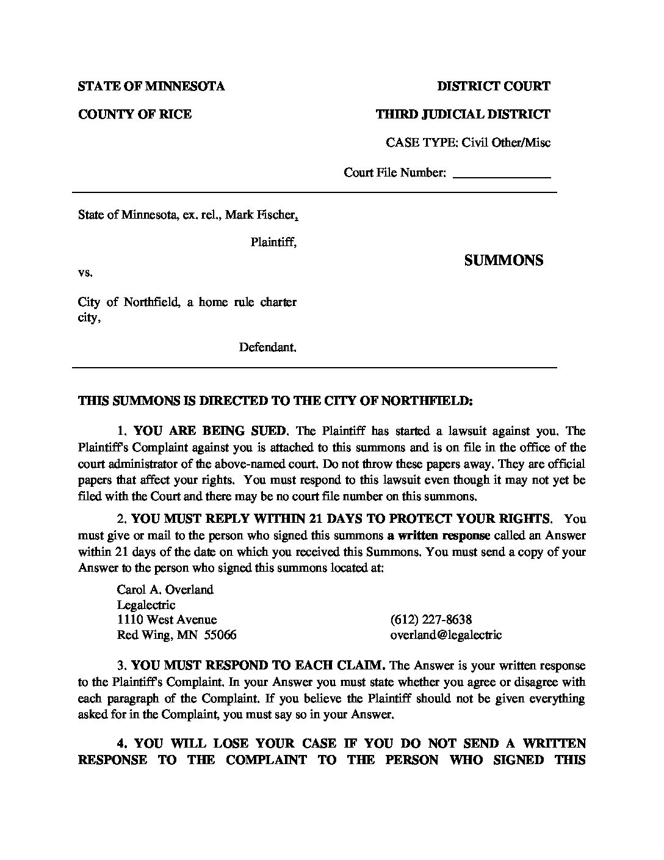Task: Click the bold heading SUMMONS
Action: [x=503, y=260]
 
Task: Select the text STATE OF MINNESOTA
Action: [x=151, y=86]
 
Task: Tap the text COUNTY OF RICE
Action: [x=135, y=114]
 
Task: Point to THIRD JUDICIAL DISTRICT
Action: [x=463, y=114]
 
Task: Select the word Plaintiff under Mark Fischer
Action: [x=273, y=242]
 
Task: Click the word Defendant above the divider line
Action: [x=267, y=348]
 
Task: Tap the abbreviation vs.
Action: [x=85, y=272]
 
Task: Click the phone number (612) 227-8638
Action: [x=431, y=619]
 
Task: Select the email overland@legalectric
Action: [x=446, y=635]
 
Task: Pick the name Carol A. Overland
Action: [x=165, y=589]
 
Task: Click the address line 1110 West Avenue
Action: [x=167, y=619]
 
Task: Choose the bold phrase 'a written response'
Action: [x=438, y=536]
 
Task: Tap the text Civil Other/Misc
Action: [x=506, y=143]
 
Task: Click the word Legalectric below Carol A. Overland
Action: [x=146, y=605]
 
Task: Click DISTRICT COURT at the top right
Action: [x=493, y=86]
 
